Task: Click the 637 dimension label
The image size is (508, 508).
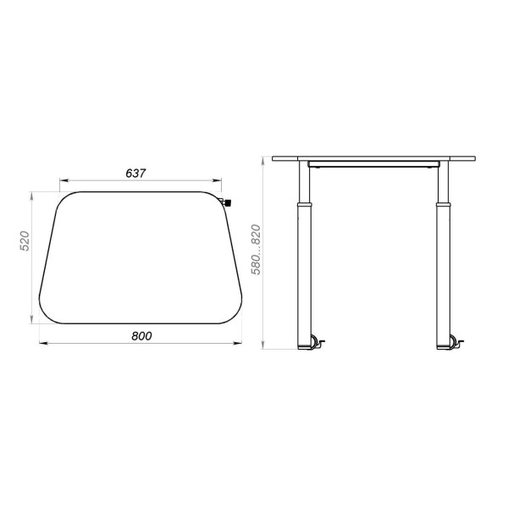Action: pyautogui.click(x=135, y=174)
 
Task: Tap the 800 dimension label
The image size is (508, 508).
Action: pyautogui.click(x=141, y=336)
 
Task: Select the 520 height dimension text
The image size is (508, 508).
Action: pyautogui.click(x=25, y=240)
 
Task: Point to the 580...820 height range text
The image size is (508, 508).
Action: pyautogui.click(x=256, y=250)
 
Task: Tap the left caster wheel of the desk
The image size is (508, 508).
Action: pyautogui.click(x=315, y=342)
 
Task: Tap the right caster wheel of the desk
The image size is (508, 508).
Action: pyautogui.click(x=453, y=342)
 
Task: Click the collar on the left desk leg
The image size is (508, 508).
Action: pyautogui.click(x=305, y=205)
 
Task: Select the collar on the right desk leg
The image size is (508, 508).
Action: pyautogui.click(x=443, y=205)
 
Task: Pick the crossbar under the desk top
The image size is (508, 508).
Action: pyautogui.click(x=373, y=164)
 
